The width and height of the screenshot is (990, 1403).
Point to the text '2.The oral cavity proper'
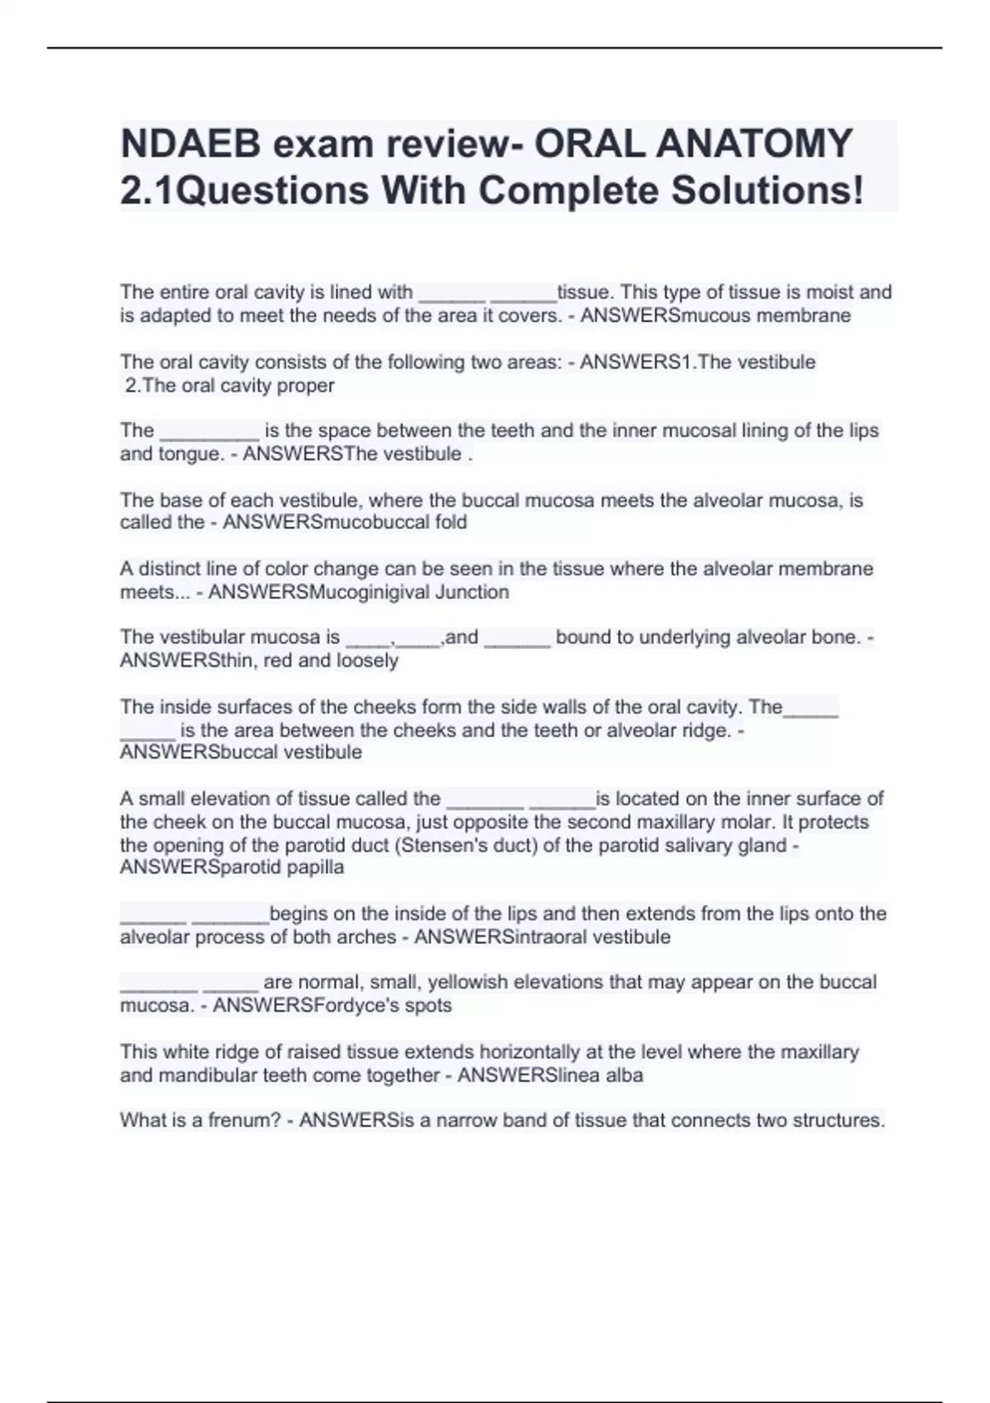pyautogui.click(x=229, y=385)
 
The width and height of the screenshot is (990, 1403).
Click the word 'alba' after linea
pyautogui.click(x=623, y=1075)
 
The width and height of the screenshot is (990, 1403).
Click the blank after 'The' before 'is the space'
pyautogui.click(x=210, y=432)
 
